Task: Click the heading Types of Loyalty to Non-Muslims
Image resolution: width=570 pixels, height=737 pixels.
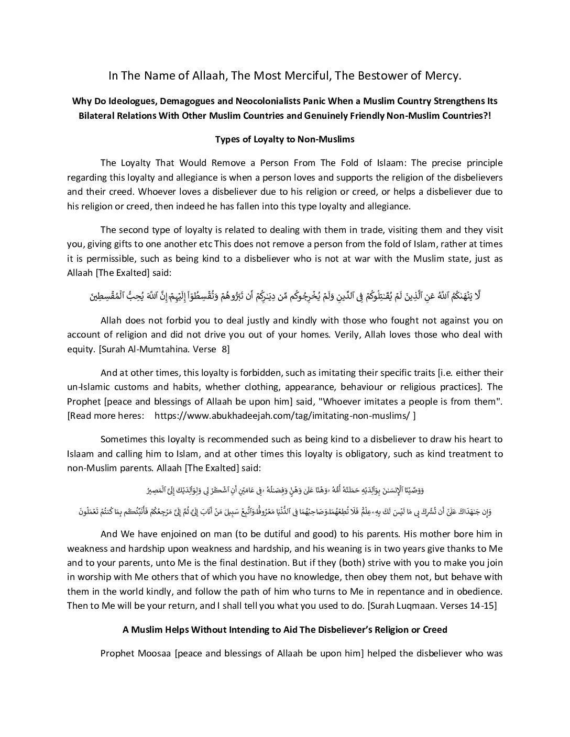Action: tap(285, 139)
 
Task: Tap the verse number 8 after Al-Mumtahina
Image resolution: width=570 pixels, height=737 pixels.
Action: tap(226, 349)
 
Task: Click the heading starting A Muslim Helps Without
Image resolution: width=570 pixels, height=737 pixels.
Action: tap(285, 630)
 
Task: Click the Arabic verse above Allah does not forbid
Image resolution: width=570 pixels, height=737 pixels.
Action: tap(285, 296)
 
